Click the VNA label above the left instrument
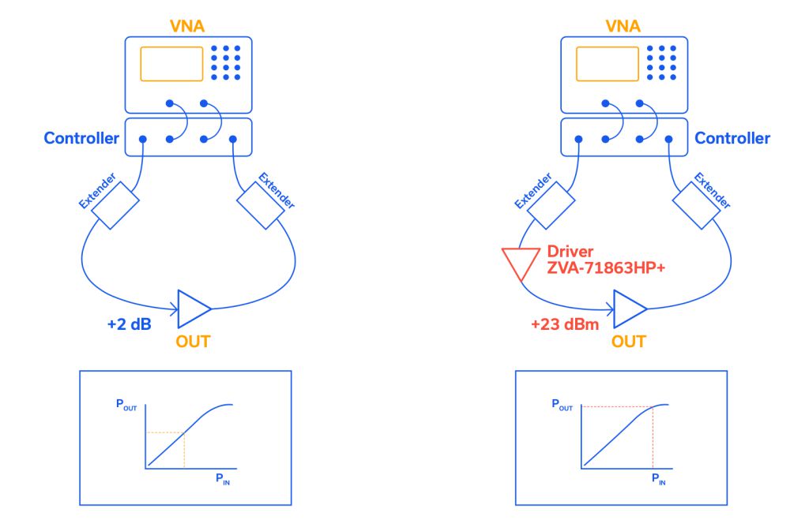click(x=187, y=25)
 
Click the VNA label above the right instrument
click(x=623, y=25)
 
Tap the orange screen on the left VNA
click(x=171, y=64)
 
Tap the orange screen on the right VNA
click(x=607, y=64)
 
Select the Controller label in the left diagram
click(x=81, y=138)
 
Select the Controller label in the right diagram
click(x=732, y=138)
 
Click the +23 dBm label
click(x=563, y=322)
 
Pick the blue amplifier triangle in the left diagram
click(x=192, y=309)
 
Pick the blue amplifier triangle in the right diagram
click(x=628, y=309)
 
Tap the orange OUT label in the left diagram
click(x=192, y=341)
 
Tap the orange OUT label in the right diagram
click(x=628, y=341)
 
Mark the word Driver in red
click(x=569, y=251)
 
